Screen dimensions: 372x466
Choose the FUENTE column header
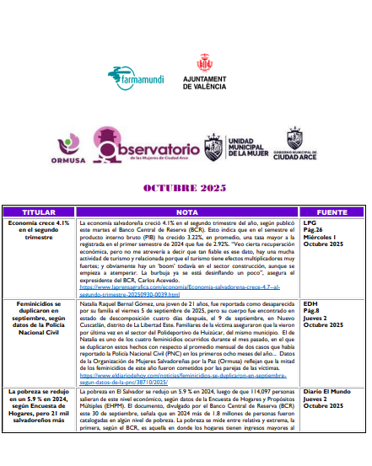(x=331, y=212)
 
